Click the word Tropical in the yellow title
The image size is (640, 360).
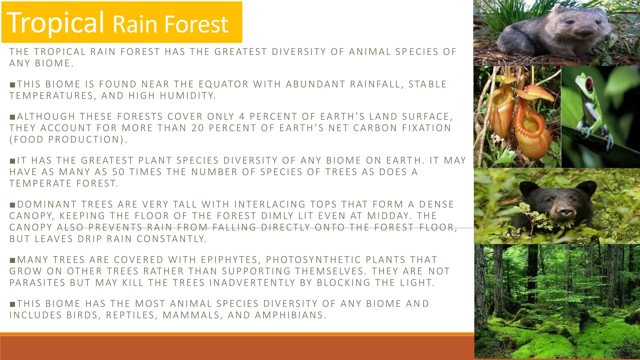coord(55,22)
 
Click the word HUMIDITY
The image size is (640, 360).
coord(187,96)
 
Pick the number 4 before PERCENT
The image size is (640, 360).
coord(242,117)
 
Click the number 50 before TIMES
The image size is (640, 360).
coord(118,172)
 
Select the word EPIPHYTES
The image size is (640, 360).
coord(229,260)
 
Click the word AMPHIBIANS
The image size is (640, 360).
coord(291,315)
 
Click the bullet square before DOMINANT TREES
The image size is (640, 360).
coord(12,205)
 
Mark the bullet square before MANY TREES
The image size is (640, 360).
coord(12,260)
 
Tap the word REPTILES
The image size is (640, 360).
coord(130,315)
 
